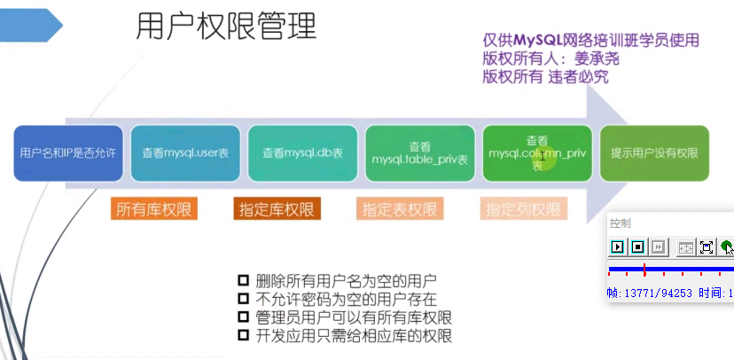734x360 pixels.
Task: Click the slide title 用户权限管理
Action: [226, 27]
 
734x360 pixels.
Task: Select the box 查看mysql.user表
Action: [185, 153]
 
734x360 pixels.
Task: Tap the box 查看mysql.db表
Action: [302, 153]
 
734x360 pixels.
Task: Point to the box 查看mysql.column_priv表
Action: [537, 153]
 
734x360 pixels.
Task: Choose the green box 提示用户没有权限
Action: [654, 153]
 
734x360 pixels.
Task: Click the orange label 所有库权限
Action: [155, 209]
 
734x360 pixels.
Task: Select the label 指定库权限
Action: [277, 209]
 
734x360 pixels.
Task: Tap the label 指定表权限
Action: [399, 209]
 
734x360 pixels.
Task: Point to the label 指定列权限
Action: [523, 209]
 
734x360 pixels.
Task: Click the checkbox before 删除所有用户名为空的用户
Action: [245, 279]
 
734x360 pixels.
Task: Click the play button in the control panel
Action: [618, 247]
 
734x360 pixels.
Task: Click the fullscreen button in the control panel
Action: [707, 247]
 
